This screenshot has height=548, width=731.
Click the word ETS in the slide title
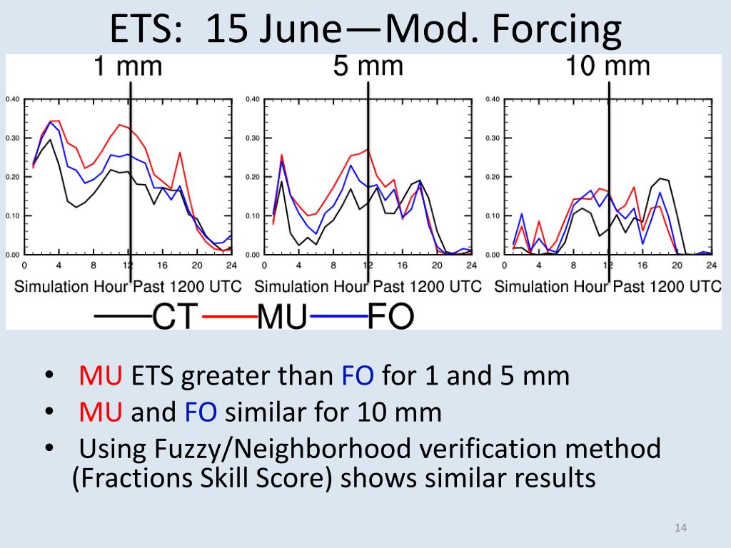147,31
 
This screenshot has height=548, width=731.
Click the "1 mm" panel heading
128,66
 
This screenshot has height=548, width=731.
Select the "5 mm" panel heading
368,66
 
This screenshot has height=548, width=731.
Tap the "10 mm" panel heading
608,66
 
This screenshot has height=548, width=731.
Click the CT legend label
173,316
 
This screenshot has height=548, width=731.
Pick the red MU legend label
281,316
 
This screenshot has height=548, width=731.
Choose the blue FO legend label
390,316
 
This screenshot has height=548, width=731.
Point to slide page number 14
680,528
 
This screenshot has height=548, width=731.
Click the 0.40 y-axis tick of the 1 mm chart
13,99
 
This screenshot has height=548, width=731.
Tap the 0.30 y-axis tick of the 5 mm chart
252,138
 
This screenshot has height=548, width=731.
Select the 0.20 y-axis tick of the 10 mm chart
492,177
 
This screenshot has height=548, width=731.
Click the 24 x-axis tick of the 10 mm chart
711,265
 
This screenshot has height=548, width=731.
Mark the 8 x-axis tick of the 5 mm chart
333,265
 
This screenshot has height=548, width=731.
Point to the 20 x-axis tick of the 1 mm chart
197,265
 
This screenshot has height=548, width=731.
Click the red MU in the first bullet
102,375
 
